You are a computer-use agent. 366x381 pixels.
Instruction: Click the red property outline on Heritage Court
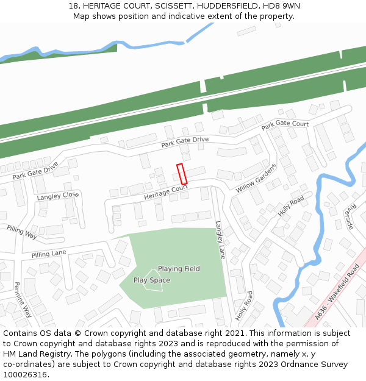(x=181, y=174)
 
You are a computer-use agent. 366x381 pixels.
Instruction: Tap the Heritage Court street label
(x=166, y=193)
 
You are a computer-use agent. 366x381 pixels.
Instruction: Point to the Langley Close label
(x=58, y=196)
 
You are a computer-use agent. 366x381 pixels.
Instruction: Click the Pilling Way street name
(x=22, y=232)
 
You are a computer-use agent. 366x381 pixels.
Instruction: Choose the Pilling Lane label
(x=49, y=254)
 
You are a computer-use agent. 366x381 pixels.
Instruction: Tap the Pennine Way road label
(x=23, y=299)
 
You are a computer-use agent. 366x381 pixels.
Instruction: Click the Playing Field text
(x=179, y=269)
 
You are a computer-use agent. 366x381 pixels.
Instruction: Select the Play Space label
(x=151, y=280)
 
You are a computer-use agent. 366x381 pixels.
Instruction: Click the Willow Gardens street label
(x=256, y=178)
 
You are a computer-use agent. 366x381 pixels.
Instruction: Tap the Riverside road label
(x=349, y=216)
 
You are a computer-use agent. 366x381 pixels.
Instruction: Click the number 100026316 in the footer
(x=25, y=375)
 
